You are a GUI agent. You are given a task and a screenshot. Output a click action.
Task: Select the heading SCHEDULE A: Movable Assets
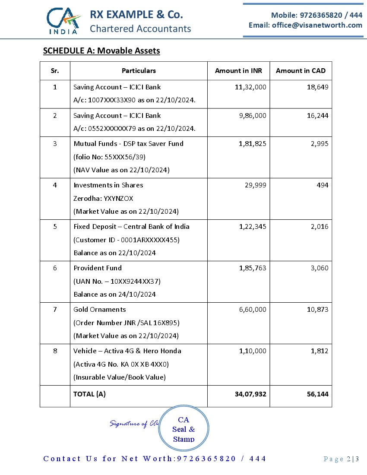coord(101,51)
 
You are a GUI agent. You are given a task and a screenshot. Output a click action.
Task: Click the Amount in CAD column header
coord(301,71)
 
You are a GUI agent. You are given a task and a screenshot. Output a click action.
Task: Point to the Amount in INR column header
coord(238,71)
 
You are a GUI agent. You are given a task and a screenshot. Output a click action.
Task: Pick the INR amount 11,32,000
coord(250,87)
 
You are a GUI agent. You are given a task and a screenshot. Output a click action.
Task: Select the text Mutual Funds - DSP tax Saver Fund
coord(128,143)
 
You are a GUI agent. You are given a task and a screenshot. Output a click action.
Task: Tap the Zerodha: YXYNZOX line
coord(103,198)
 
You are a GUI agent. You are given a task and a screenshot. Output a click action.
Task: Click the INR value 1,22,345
coord(253,226)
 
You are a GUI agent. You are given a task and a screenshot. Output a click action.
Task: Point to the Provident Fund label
coord(98,268)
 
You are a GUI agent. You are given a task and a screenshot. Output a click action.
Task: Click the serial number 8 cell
coord(55,351)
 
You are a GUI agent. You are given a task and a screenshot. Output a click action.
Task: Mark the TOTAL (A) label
coord(89,394)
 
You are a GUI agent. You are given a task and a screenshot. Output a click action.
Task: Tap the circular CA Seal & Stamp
coord(183,428)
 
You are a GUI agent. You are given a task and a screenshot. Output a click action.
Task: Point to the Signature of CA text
coord(134,424)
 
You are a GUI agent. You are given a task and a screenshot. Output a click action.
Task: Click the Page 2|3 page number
coord(341,459)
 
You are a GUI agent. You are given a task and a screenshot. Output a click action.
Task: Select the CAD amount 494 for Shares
coord(322,185)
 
